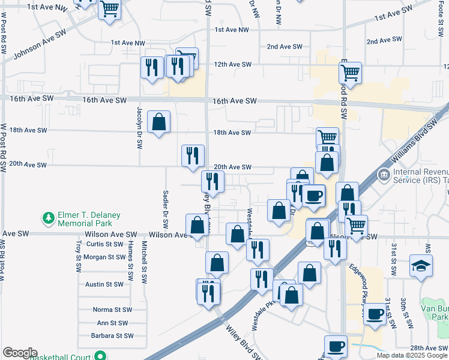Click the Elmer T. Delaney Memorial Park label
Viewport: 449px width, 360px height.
[x=85, y=219]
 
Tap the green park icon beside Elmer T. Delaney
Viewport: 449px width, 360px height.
[x=47, y=216]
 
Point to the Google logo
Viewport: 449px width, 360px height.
[x=20, y=353]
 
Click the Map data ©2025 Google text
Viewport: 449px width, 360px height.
[x=412, y=355]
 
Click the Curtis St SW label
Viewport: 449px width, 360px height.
[x=104, y=244]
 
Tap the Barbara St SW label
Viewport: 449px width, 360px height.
[x=112, y=336]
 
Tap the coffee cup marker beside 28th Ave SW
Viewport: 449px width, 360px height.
[x=336, y=346]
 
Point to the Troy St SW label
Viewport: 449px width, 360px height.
[x=78, y=254]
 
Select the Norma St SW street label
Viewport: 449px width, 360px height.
[x=112, y=310]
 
